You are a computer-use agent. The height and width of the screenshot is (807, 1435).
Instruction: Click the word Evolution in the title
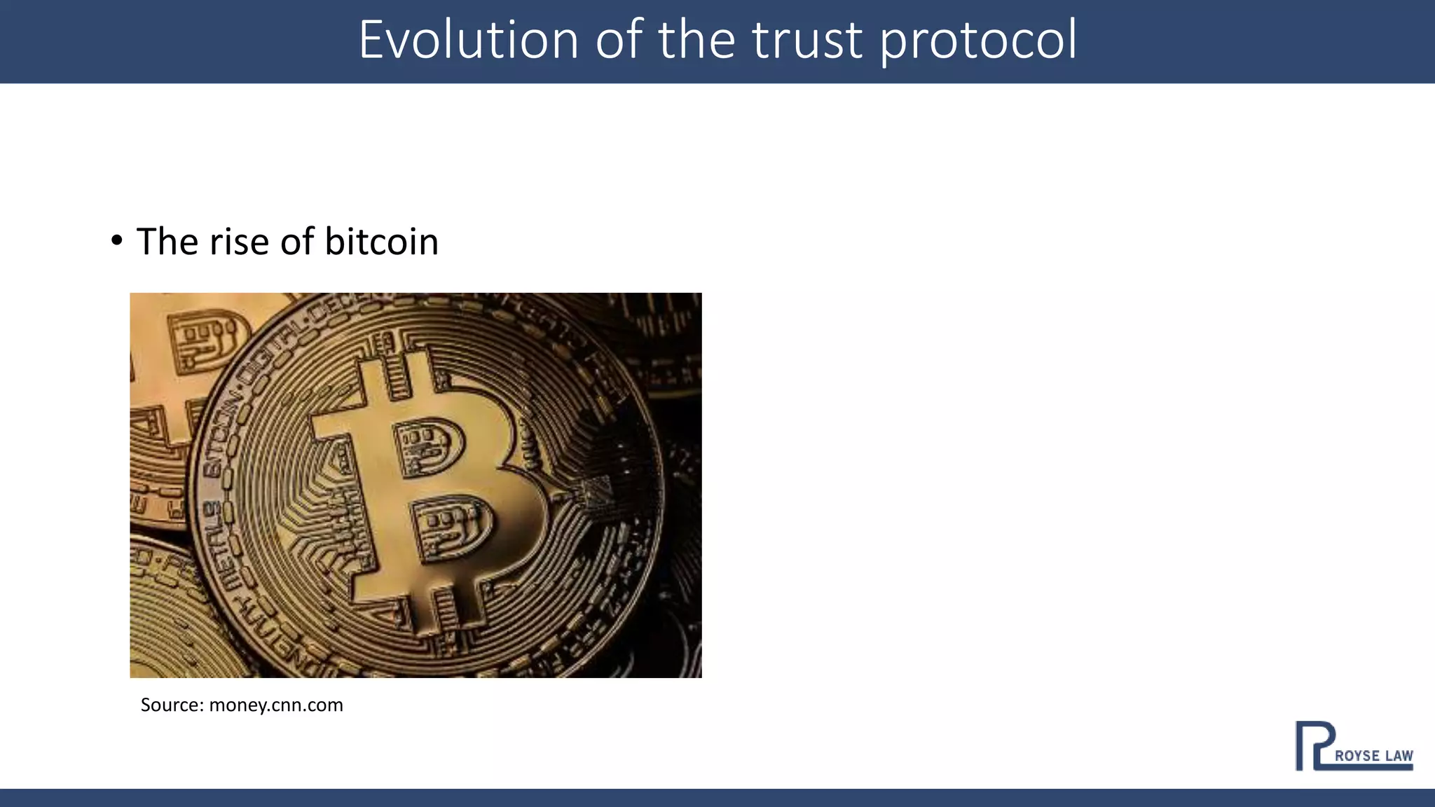tap(468, 40)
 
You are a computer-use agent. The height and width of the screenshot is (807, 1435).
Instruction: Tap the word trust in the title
tap(806, 40)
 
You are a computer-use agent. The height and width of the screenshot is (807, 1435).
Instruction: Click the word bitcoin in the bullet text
tap(381, 242)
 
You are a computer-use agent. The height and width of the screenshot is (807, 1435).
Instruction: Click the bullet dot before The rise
tap(117, 241)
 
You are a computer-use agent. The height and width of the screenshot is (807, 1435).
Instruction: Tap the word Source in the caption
tap(171, 705)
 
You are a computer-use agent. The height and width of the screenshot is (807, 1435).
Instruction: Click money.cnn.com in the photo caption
tap(276, 705)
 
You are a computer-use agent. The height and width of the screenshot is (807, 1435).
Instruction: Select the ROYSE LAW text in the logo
tap(1373, 756)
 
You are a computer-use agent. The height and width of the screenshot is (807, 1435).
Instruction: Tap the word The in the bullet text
tap(167, 242)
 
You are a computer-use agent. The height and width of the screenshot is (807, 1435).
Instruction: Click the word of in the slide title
tap(619, 40)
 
